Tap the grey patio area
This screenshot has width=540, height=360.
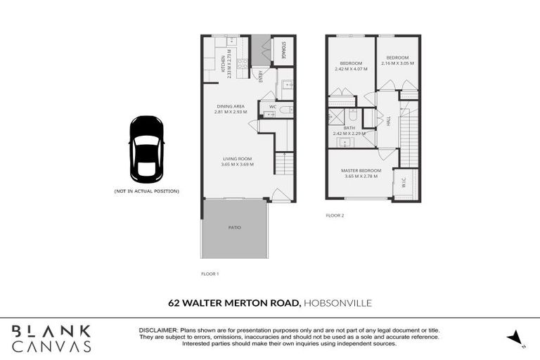coord(234,228)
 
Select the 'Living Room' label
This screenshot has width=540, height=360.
coord(236,159)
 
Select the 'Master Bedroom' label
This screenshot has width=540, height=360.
coord(361,171)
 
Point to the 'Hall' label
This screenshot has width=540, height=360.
coord(388,121)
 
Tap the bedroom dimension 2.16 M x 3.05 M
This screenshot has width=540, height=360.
coord(397,63)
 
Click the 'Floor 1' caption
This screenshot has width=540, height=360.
coord(210,273)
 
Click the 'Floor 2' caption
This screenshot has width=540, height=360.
coord(335,215)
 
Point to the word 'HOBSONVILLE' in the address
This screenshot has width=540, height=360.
coord(337,304)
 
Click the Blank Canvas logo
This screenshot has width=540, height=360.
coord(51,338)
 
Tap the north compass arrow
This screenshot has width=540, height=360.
coord(515,337)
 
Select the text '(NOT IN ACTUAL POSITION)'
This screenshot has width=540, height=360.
coord(146,191)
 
